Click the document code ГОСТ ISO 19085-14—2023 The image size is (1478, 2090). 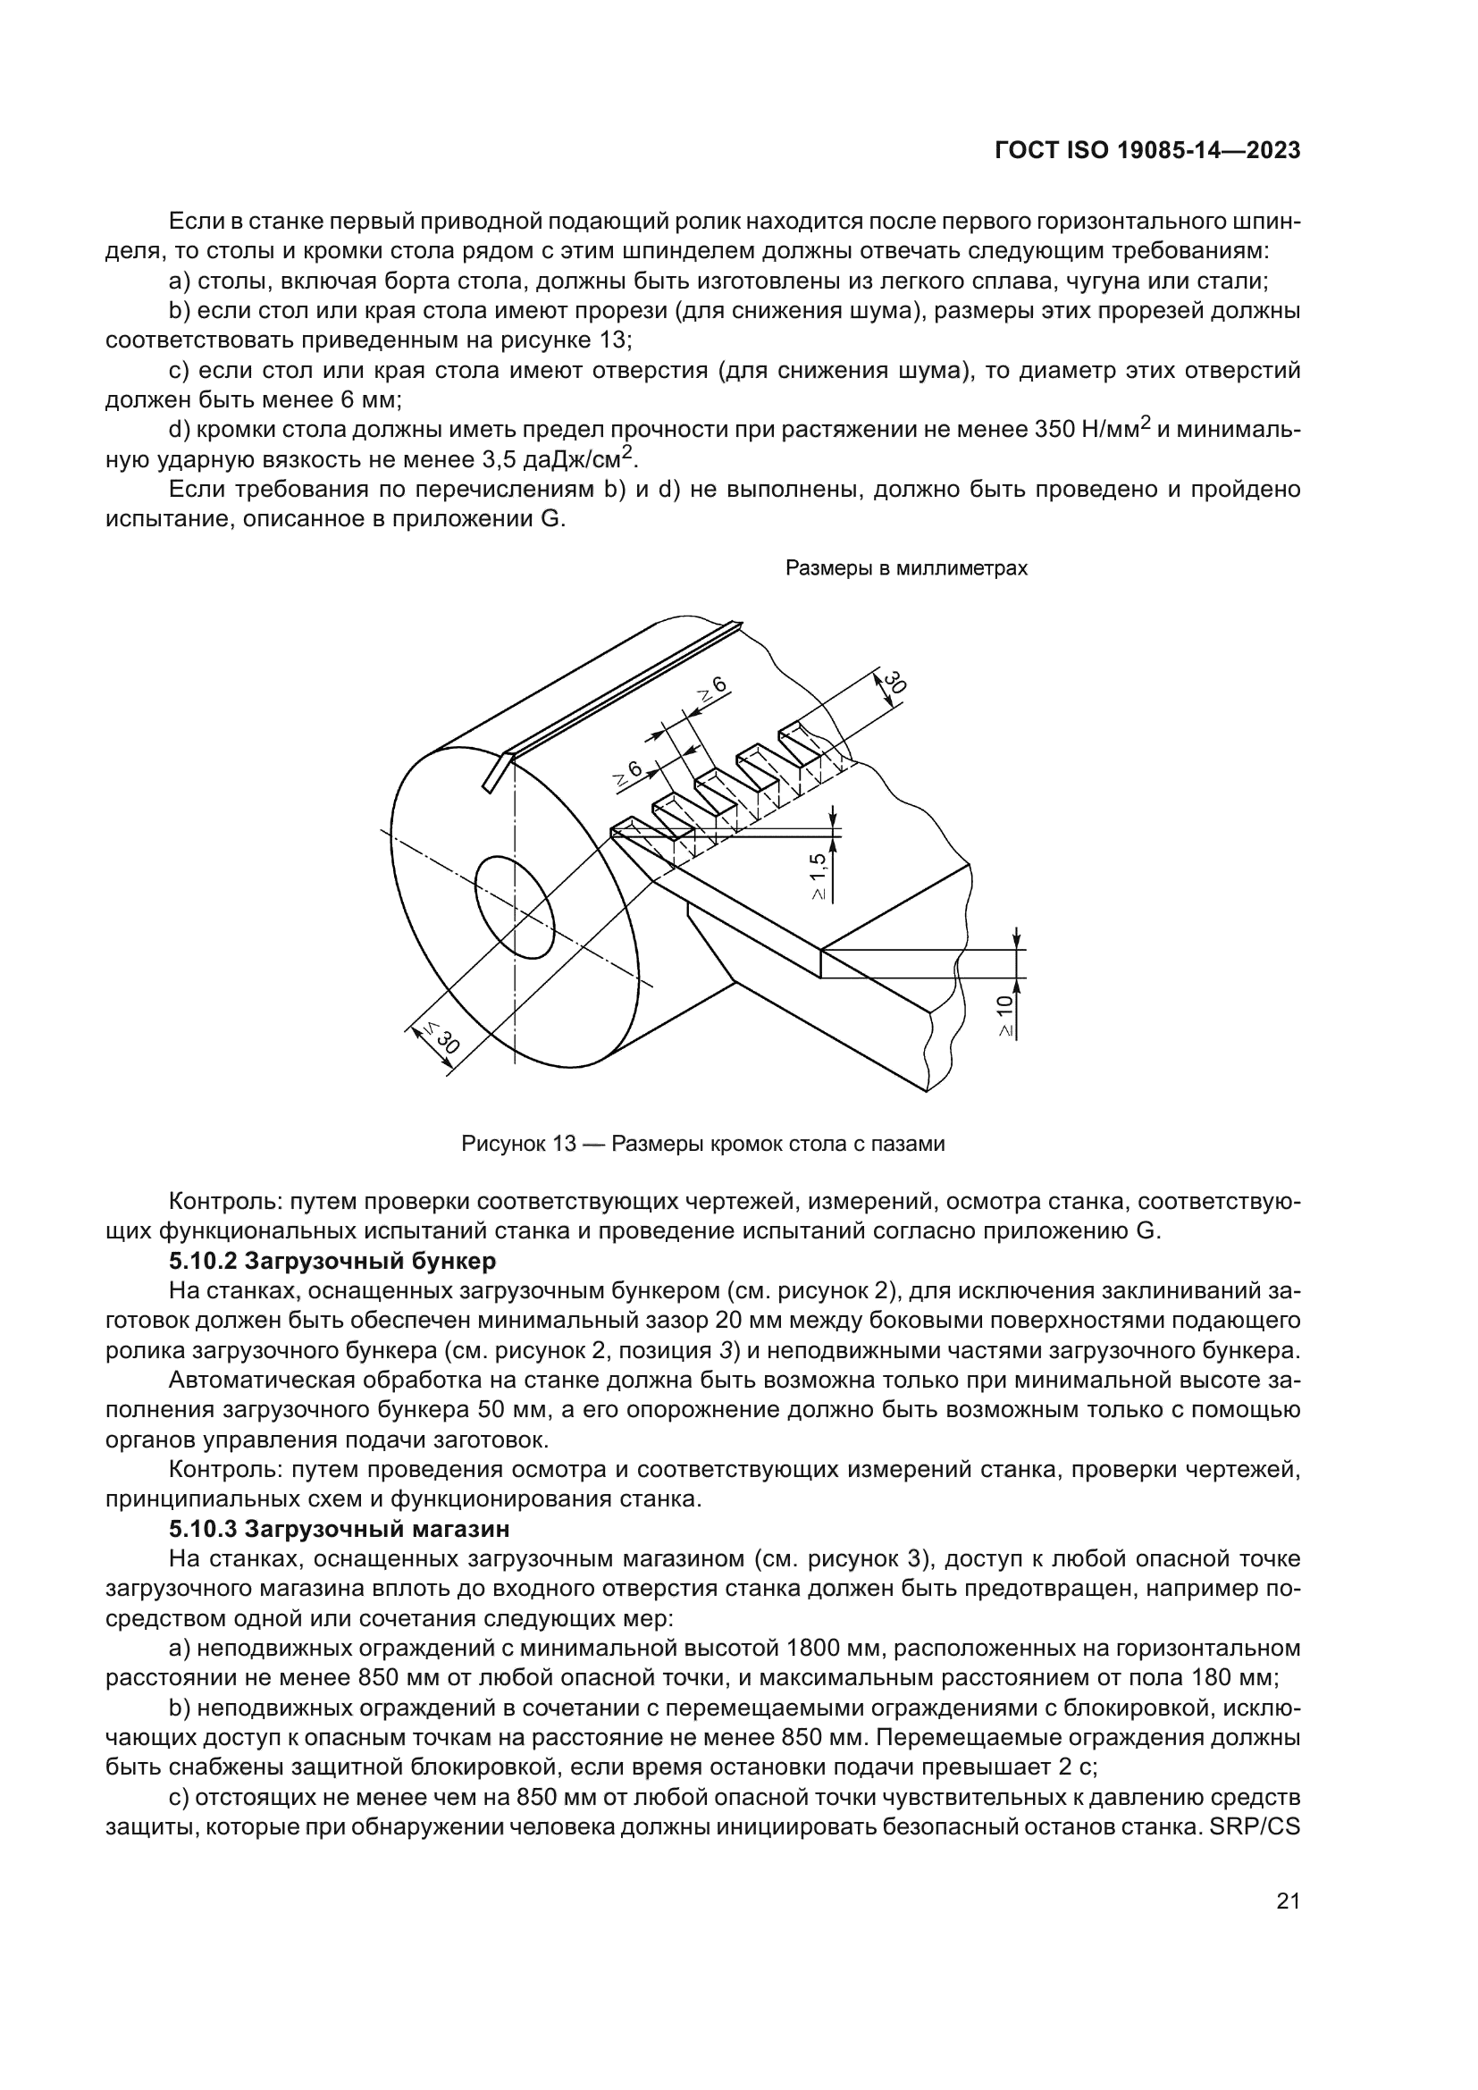[x=1146, y=151]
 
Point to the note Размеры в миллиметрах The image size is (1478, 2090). [x=905, y=568]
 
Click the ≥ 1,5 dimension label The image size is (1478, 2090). [x=819, y=876]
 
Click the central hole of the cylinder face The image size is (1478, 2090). [x=514, y=907]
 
